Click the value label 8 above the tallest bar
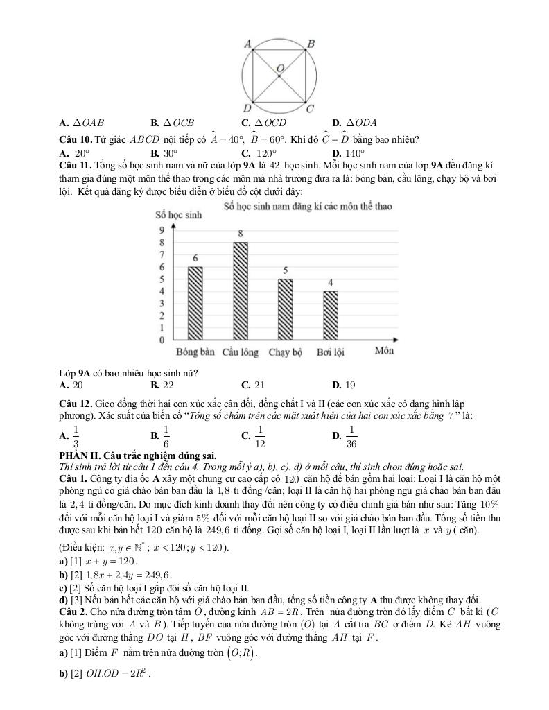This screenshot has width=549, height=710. (x=240, y=234)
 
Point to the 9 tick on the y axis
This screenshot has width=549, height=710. (x=162, y=230)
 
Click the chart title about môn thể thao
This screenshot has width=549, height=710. (x=308, y=207)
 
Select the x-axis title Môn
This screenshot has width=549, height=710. (x=385, y=351)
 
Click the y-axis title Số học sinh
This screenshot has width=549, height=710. (x=179, y=215)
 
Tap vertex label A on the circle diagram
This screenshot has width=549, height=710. (x=247, y=44)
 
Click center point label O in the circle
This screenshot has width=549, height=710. (x=280, y=68)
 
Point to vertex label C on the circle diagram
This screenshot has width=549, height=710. (x=310, y=108)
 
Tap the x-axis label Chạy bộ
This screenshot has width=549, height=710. (x=286, y=352)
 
